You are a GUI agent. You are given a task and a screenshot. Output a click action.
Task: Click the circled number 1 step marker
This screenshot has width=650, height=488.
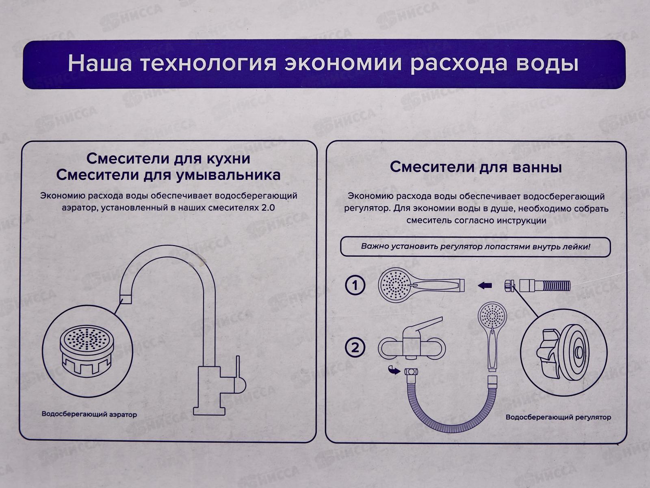(x=355, y=285)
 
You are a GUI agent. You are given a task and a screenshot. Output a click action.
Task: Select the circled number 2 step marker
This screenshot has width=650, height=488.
(x=355, y=348)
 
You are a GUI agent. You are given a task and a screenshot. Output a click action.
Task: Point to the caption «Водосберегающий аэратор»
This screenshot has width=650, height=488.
(x=89, y=415)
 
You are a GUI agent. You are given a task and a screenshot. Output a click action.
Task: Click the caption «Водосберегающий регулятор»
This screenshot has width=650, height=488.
(x=558, y=417)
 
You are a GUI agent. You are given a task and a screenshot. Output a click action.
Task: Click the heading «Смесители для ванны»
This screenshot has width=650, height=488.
(x=476, y=167)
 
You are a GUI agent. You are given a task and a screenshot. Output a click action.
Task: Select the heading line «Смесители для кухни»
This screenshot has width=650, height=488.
(x=168, y=158)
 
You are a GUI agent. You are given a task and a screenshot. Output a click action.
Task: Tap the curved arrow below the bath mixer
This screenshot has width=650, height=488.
(x=393, y=370)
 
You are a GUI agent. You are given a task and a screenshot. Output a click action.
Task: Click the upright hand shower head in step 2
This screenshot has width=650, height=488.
(x=492, y=317)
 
